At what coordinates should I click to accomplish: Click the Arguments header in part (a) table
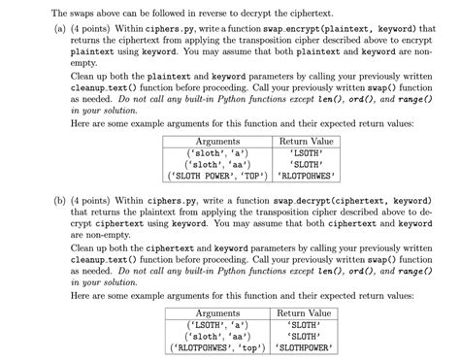coord(217,142)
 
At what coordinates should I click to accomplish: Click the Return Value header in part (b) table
coord(304,313)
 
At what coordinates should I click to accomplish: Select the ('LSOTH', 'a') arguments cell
coord(217,325)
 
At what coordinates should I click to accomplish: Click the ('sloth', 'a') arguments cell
coord(217,153)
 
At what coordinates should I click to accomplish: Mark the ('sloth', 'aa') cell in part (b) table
coord(217,337)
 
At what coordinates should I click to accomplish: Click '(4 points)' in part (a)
coord(96,31)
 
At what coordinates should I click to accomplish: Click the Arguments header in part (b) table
coord(217,313)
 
